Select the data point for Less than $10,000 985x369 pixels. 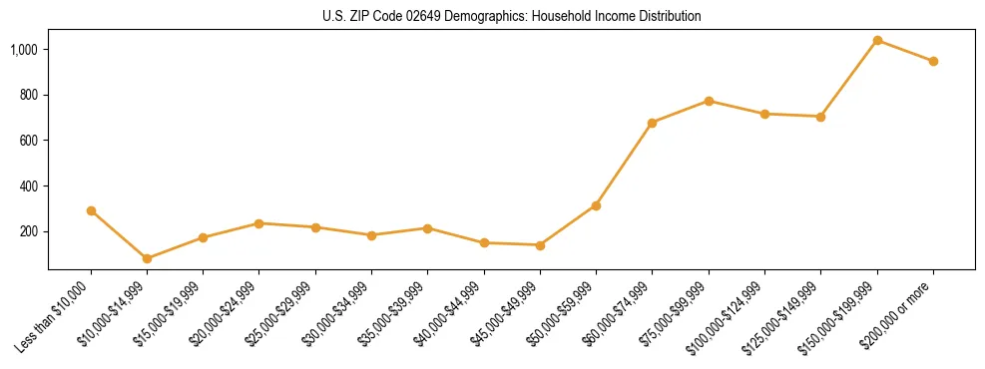click(91, 210)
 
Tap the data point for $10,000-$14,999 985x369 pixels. click(148, 258)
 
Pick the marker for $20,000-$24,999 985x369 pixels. click(259, 223)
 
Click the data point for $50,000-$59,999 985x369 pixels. click(596, 205)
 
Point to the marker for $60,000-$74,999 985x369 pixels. click(652, 123)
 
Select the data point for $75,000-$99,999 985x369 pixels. click(709, 101)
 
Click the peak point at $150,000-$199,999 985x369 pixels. click(877, 41)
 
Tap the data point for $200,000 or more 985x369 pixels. click(933, 61)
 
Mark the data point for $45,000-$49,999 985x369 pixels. click(540, 245)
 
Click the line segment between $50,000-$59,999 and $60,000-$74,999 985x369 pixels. click(624, 165)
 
